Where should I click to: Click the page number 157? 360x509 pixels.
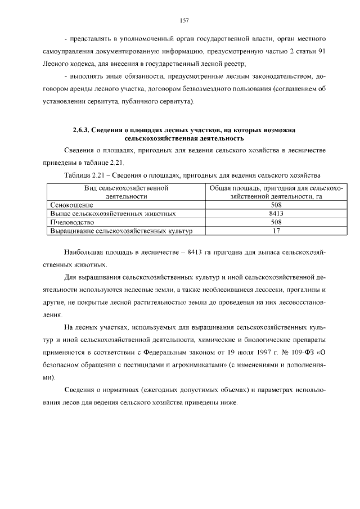coord(183,21)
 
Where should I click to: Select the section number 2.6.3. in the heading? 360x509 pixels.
coord(82,130)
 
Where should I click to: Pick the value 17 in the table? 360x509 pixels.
coord(276,231)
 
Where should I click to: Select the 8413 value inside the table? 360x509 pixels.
coord(276,214)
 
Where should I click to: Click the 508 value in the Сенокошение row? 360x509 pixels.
coord(276,205)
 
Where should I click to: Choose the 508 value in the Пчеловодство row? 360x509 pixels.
coord(276,222)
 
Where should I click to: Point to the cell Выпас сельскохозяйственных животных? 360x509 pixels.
coord(113,214)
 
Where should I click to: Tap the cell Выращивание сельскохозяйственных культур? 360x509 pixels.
coord(121,231)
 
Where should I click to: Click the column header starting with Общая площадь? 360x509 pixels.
coord(276,192)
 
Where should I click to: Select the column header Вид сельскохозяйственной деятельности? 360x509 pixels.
coord(126,192)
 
